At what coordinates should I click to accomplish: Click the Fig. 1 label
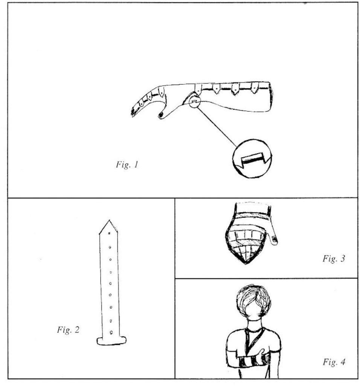coord(127,164)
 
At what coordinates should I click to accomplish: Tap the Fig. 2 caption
coord(68,329)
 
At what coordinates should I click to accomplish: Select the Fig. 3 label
coord(334,259)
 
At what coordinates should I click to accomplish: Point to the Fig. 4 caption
coord(334,362)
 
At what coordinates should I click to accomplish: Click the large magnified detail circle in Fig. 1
coord(252,159)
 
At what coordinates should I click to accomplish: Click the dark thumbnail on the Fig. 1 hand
coord(161,115)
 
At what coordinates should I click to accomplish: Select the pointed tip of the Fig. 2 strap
coord(109,220)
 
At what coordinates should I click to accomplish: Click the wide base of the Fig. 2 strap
coord(111,340)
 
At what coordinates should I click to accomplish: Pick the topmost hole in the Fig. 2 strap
coord(109,233)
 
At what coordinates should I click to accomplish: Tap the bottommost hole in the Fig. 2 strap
coord(111,332)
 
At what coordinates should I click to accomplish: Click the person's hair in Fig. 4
coord(255,299)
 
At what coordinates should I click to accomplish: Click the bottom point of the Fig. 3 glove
coord(246,264)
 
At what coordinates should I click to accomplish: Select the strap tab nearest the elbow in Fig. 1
coord(254,88)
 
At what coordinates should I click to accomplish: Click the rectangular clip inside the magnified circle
coord(252,159)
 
